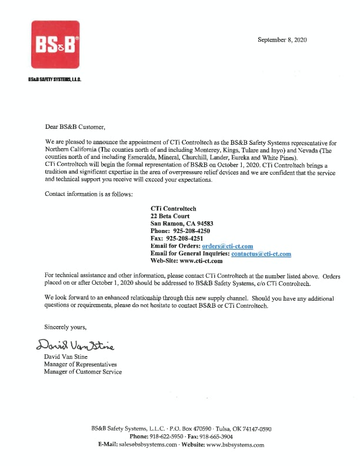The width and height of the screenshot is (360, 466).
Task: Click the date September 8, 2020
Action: pos(282,39)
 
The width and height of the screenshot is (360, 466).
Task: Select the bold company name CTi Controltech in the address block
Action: pos(174,209)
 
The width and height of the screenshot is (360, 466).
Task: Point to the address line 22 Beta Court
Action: pos(170,216)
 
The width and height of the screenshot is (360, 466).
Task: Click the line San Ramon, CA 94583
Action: pos(182,224)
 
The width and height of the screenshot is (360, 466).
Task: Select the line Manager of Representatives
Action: pos(81,364)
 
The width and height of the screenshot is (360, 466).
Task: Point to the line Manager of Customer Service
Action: pos(83,372)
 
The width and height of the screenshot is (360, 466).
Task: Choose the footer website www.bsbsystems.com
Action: pos(234,445)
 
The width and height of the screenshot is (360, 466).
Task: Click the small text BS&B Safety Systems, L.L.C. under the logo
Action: pos(54,79)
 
